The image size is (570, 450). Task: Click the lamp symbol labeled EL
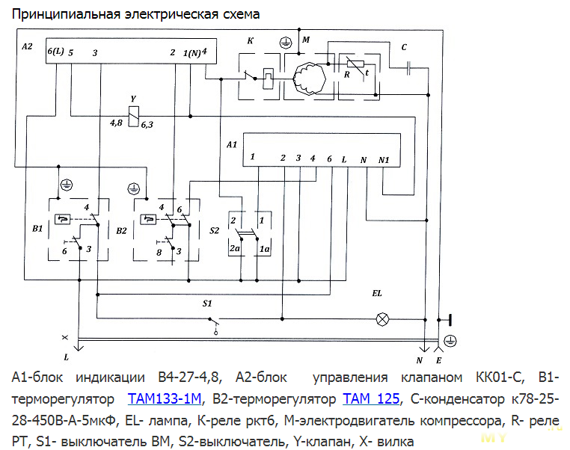coord(383,319)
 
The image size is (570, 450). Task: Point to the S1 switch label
coord(208,303)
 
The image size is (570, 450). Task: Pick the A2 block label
coord(28,46)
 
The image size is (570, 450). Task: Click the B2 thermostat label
coord(121,230)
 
